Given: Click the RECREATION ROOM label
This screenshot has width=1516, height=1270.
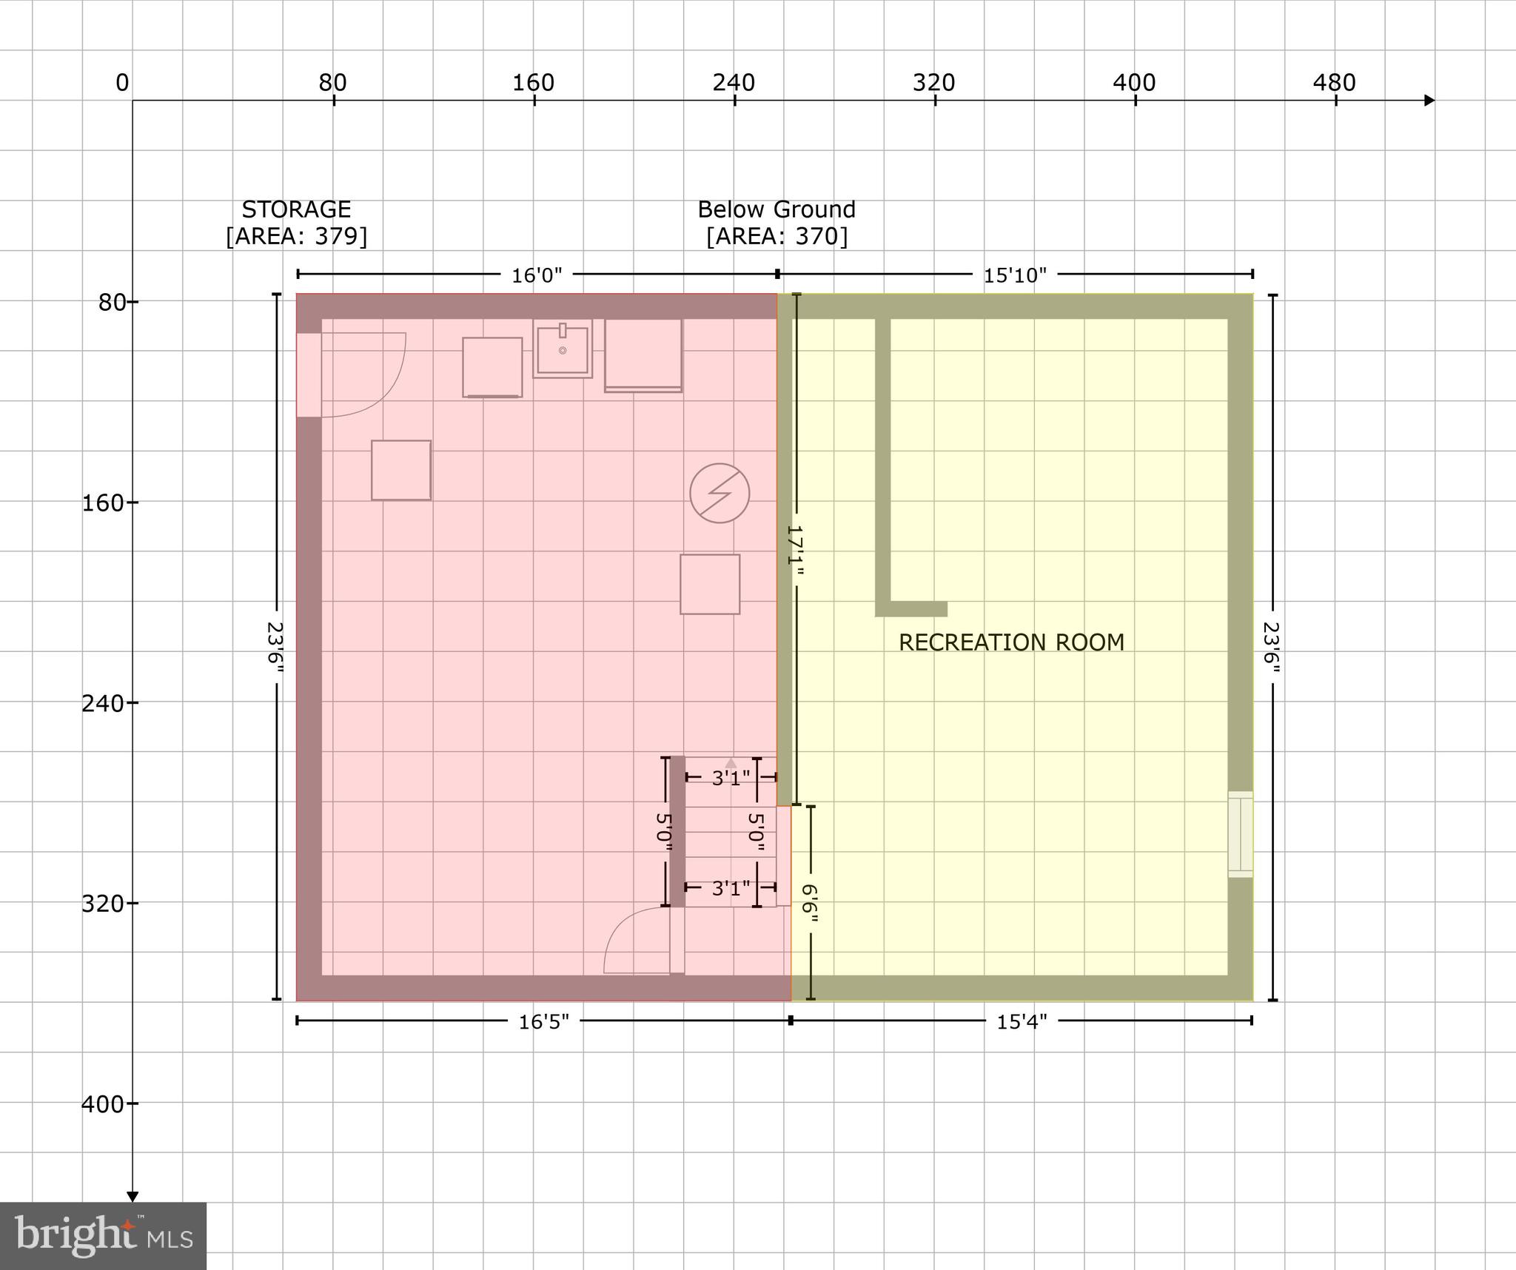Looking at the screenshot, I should click(x=1011, y=642).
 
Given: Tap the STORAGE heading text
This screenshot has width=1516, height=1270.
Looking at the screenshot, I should click(x=296, y=209).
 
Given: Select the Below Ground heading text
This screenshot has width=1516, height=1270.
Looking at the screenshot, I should click(x=777, y=209).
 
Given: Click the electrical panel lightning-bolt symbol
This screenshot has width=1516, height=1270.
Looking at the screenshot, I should click(x=720, y=493).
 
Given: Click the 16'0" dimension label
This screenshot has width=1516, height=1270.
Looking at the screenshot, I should click(x=537, y=275).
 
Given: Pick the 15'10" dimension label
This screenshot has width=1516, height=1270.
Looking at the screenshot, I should click(x=1014, y=275).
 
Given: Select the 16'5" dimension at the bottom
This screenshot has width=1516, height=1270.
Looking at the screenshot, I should click(x=543, y=1022).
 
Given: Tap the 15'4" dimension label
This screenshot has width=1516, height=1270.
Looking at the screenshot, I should click(x=1022, y=1022).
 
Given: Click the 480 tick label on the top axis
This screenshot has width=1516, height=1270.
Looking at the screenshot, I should click(x=1334, y=83).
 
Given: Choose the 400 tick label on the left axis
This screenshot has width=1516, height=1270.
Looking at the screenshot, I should click(x=102, y=1104).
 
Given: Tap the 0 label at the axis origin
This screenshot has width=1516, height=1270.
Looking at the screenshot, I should click(x=122, y=83).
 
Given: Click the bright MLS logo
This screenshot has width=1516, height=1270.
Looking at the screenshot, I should click(x=103, y=1236).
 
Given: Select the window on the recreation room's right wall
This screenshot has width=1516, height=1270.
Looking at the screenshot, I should click(x=1241, y=834).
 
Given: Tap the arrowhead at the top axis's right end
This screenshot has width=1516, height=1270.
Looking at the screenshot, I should click(x=1429, y=101).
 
